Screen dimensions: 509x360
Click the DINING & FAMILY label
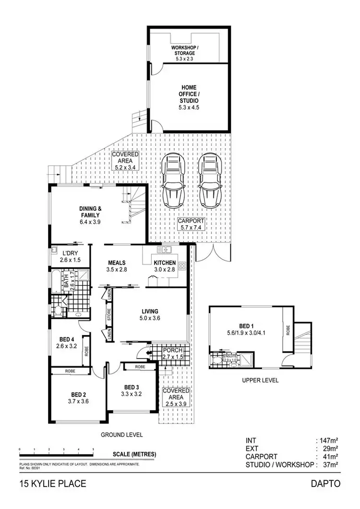pos(90,215)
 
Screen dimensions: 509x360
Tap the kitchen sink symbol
pos(166,249)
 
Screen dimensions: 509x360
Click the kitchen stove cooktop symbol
pos(182,266)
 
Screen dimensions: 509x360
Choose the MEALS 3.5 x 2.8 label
pos(117,266)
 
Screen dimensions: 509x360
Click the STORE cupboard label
pos(109,316)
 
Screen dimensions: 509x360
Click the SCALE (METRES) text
pos(134,454)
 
